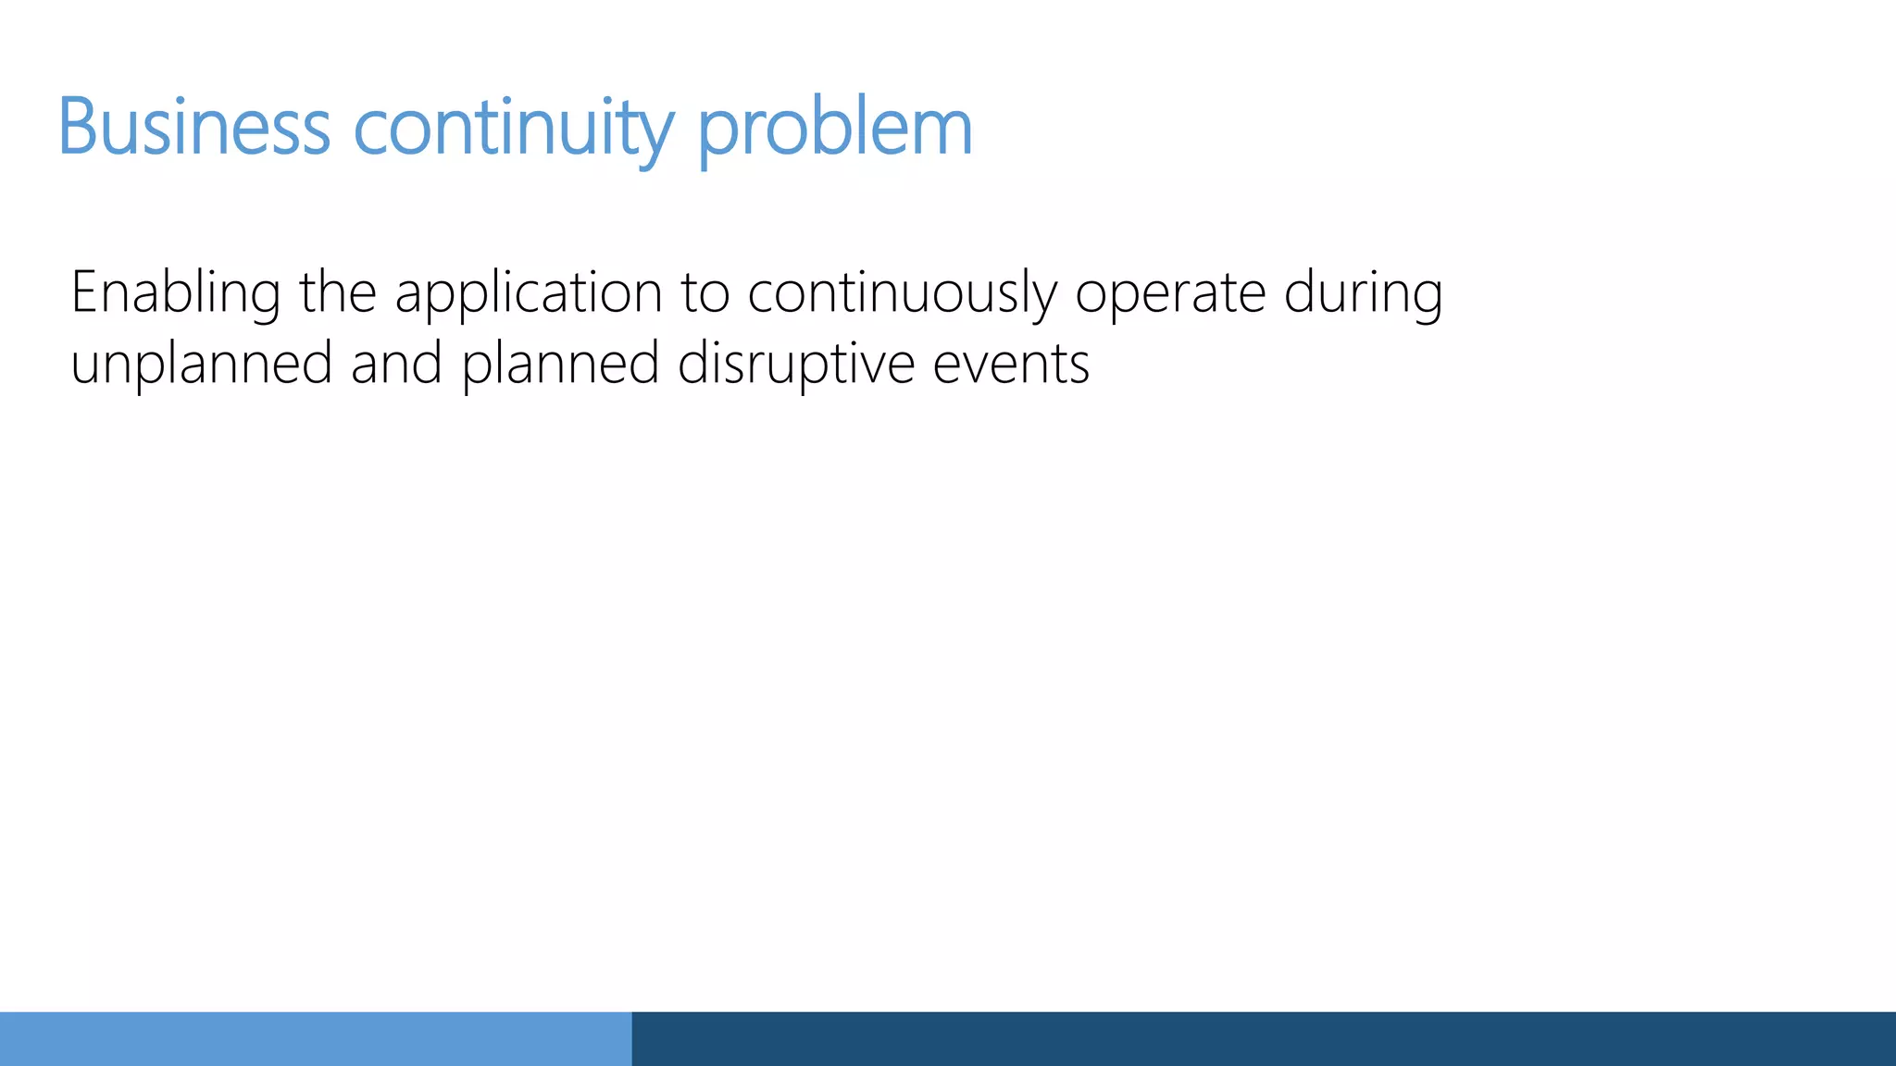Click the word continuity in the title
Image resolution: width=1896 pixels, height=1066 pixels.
coord(513,127)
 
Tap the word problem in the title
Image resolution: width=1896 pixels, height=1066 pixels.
coord(834,127)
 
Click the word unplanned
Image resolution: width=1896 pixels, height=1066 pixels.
coord(201,363)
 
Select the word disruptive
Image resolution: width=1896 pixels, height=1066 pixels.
coord(796,363)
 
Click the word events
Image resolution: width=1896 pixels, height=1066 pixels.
coord(1011,363)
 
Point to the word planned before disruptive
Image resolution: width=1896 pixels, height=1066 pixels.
coord(560,363)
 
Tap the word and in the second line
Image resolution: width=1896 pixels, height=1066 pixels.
coord(396,363)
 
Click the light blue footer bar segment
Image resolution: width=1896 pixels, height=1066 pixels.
coord(315,1038)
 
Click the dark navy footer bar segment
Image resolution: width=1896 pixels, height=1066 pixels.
coord(1264,1038)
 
